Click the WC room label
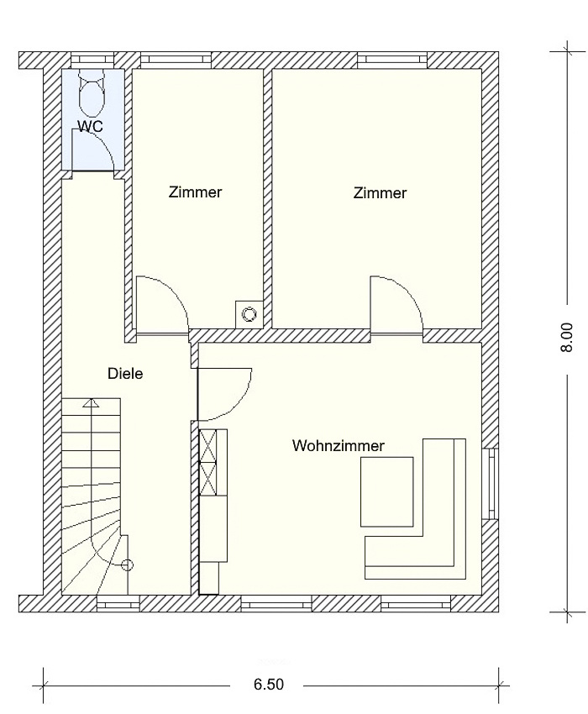[90, 126]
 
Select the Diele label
[125, 374]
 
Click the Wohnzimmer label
[339, 445]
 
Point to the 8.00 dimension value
[566, 338]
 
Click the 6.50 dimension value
[269, 684]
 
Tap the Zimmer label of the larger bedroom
[380, 192]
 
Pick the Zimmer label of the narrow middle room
[196, 192]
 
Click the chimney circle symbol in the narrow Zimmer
[249, 314]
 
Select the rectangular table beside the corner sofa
[387, 491]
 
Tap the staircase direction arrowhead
[92, 402]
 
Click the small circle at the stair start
[128, 565]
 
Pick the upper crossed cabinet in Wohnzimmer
[208, 445]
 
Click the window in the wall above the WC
[92, 59]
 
